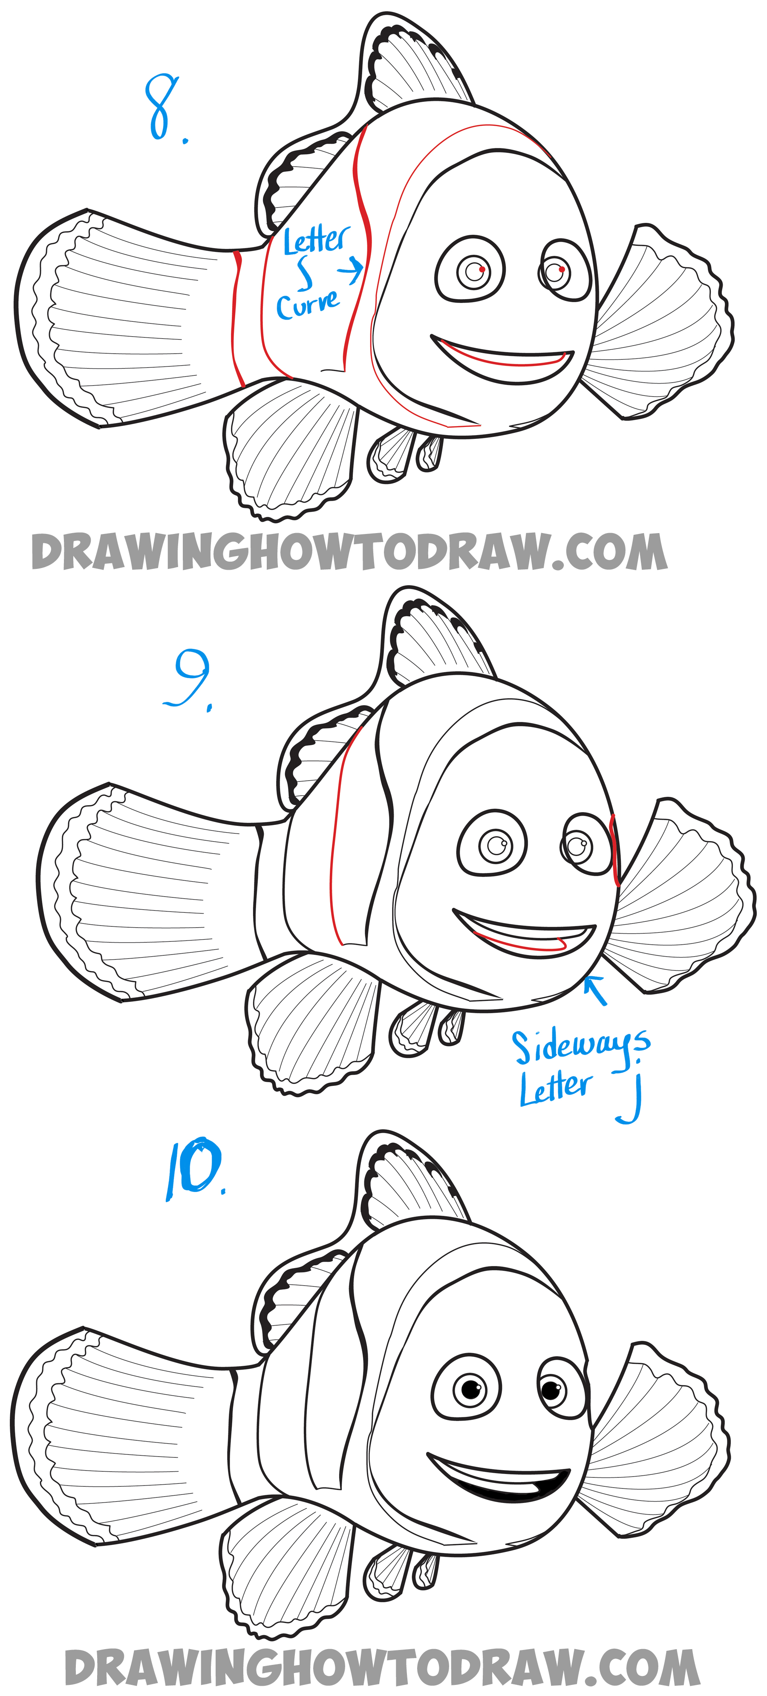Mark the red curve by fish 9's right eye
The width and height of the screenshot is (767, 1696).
click(614, 849)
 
